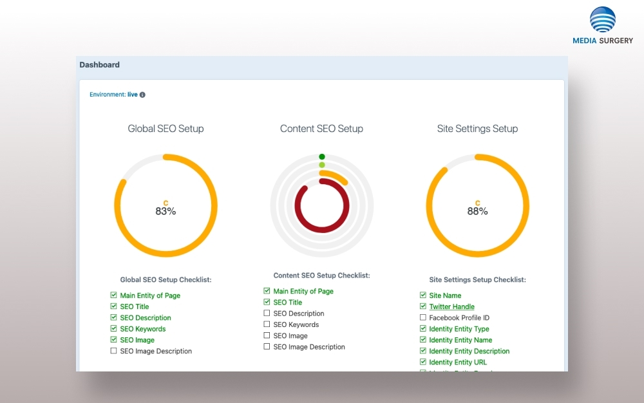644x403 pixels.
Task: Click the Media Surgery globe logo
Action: (603, 20)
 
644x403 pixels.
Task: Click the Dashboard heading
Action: (100, 65)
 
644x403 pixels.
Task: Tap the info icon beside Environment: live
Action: (142, 95)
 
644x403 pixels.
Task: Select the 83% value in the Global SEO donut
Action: (166, 211)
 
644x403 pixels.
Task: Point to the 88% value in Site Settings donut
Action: (477, 211)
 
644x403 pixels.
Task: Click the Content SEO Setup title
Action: (321, 129)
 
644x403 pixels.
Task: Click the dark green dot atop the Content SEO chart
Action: (322, 156)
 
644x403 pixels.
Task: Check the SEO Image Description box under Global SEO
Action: (113, 351)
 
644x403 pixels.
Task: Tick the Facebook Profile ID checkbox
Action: (423, 317)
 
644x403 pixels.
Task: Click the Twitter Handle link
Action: (451, 306)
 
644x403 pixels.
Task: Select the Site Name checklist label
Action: (445, 295)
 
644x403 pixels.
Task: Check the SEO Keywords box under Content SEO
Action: (267, 324)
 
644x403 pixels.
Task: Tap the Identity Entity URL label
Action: (458, 362)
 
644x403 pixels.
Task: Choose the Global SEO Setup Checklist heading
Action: (166, 280)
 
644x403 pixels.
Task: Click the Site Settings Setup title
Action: (477, 129)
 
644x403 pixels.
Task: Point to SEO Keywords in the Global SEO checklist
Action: (142, 329)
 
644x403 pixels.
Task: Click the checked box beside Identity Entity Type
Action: (423, 329)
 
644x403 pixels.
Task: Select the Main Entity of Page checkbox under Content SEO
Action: (267, 291)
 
